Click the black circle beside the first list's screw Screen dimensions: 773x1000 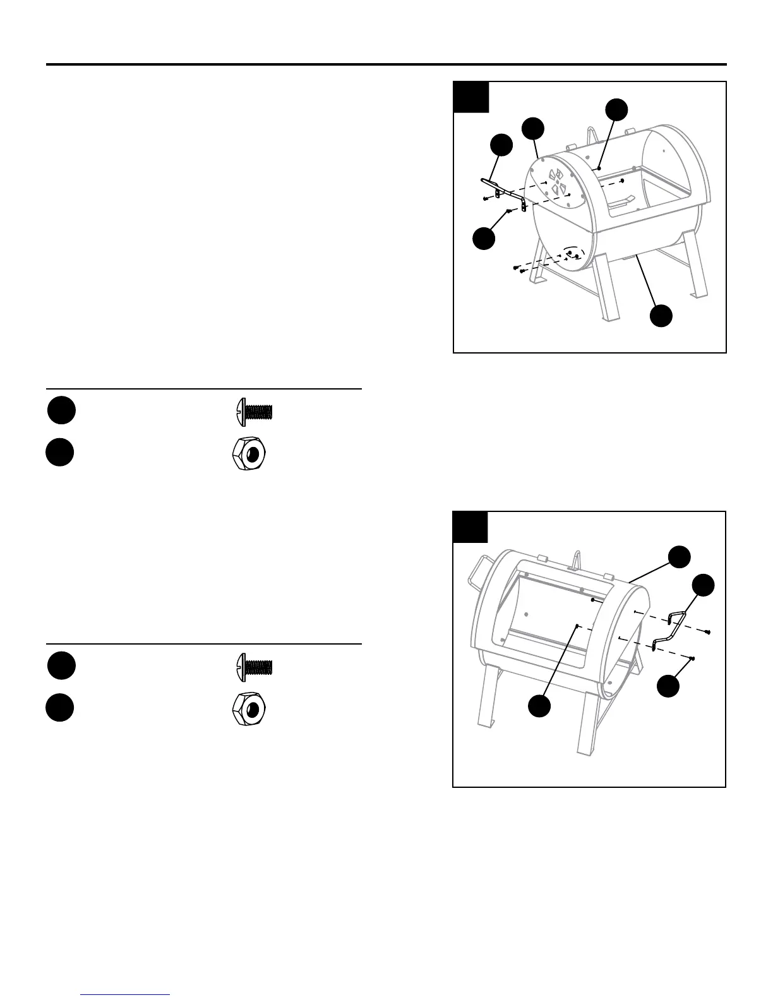tap(61, 411)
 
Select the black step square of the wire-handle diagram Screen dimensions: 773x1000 tap(470, 527)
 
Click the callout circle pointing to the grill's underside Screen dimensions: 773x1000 tap(661, 316)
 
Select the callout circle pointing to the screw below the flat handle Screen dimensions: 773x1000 tap(484, 239)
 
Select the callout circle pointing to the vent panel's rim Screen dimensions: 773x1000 tap(534, 128)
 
